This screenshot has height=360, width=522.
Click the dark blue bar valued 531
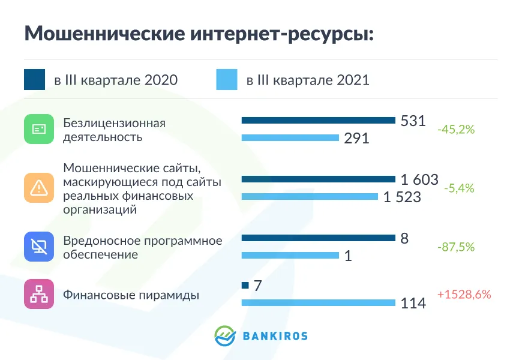(x=318, y=121)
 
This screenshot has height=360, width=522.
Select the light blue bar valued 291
(x=290, y=138)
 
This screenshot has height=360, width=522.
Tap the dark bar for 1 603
(x=318, y=179)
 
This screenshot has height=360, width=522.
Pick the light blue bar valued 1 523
(x=310, y=196)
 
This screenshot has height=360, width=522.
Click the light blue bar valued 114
(x=318, y=302)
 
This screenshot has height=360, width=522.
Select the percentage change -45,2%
(x=456, y=129)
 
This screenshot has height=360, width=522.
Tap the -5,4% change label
(x=459, y=188)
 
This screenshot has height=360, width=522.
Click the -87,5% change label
(x=456, y=247)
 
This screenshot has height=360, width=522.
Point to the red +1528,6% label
(x=464, y=295)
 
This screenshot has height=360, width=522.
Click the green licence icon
(x=39, y=129)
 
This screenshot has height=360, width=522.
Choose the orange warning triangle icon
(x=39, y=188)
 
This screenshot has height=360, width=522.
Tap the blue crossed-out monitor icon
(x=39, y=247)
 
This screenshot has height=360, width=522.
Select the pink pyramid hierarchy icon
(x=39, y=294)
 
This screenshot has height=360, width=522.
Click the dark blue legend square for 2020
(x=35, y=80)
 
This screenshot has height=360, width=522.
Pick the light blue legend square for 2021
(x=227, y=80)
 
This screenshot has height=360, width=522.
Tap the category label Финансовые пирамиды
(x=131, y=295)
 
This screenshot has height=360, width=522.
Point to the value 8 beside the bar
(x=404, y=238)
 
